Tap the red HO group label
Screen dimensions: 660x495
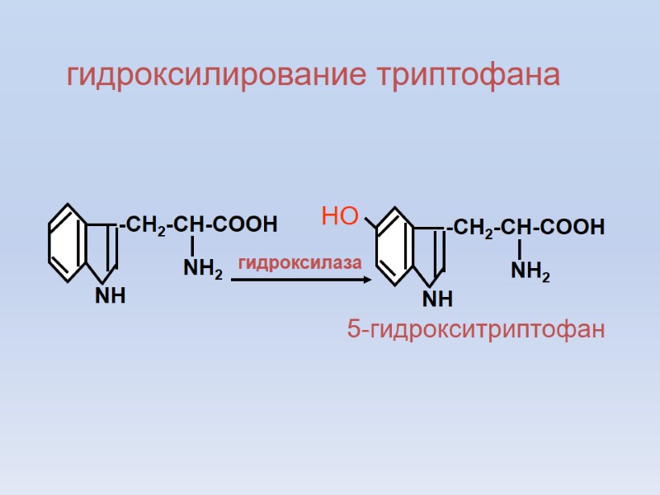point(339,218)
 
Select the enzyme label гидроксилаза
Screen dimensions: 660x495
point(300,262)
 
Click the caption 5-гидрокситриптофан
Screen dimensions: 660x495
point(477,330)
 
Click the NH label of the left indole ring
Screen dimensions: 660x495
point(110,295)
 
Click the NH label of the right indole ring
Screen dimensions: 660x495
point(438,297)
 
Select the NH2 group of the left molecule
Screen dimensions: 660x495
point(202,268)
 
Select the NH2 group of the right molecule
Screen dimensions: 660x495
point(530,270)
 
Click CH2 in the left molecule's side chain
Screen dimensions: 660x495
point(145,225)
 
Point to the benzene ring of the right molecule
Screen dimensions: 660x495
point(394,245)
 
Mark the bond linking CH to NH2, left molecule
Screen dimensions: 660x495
point(191,246)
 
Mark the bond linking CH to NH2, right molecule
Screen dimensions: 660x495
point(520,248)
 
